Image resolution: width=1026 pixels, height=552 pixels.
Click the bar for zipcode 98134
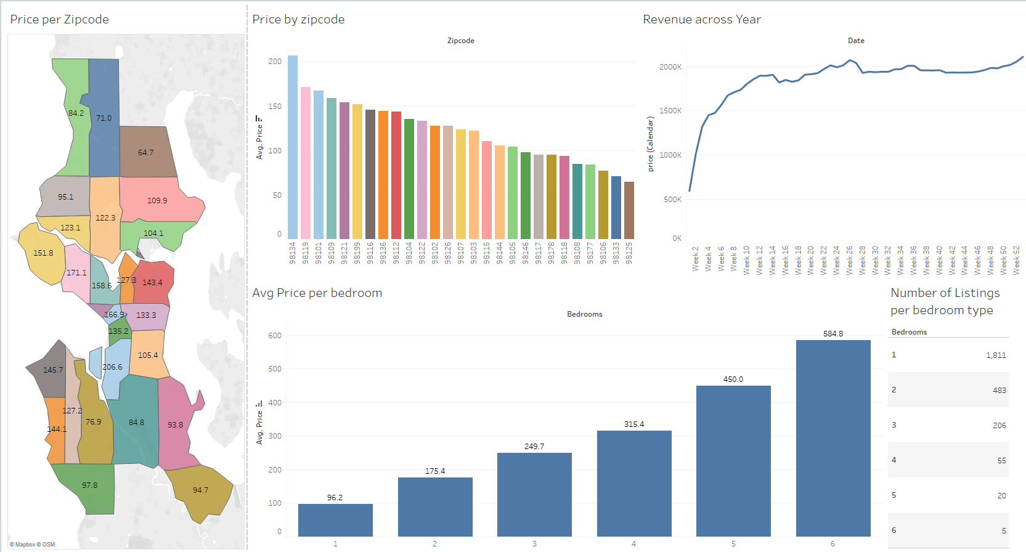point(293,148)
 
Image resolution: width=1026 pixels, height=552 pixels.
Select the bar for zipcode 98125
point(629,211)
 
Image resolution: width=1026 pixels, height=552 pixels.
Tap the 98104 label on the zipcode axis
point(409,253)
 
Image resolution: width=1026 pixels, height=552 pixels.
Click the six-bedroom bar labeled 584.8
point(833,437)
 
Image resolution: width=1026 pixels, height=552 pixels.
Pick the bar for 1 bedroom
point(335,520)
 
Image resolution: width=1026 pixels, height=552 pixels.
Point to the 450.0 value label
point(733,379)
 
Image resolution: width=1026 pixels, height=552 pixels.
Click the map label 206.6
point(112,367)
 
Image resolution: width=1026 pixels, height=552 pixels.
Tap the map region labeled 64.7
point(146,153)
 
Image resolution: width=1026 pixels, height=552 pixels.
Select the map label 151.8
point(43,253)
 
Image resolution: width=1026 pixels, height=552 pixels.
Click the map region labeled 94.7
point(200,490)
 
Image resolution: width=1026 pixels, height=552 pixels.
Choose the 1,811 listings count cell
point(996,355)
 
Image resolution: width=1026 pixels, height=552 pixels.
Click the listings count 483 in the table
point(999,391)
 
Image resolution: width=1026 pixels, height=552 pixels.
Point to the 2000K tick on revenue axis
point(670,67)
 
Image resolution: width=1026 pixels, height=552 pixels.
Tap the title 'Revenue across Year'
point(702,20)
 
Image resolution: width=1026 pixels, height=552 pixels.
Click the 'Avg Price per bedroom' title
point(317,293)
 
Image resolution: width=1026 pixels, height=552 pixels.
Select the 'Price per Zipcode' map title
point(59,20)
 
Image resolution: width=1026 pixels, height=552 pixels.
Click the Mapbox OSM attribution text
point(33,545)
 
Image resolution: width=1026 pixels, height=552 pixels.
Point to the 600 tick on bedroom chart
point(275,336)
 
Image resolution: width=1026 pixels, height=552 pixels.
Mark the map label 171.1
point(76,273)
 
